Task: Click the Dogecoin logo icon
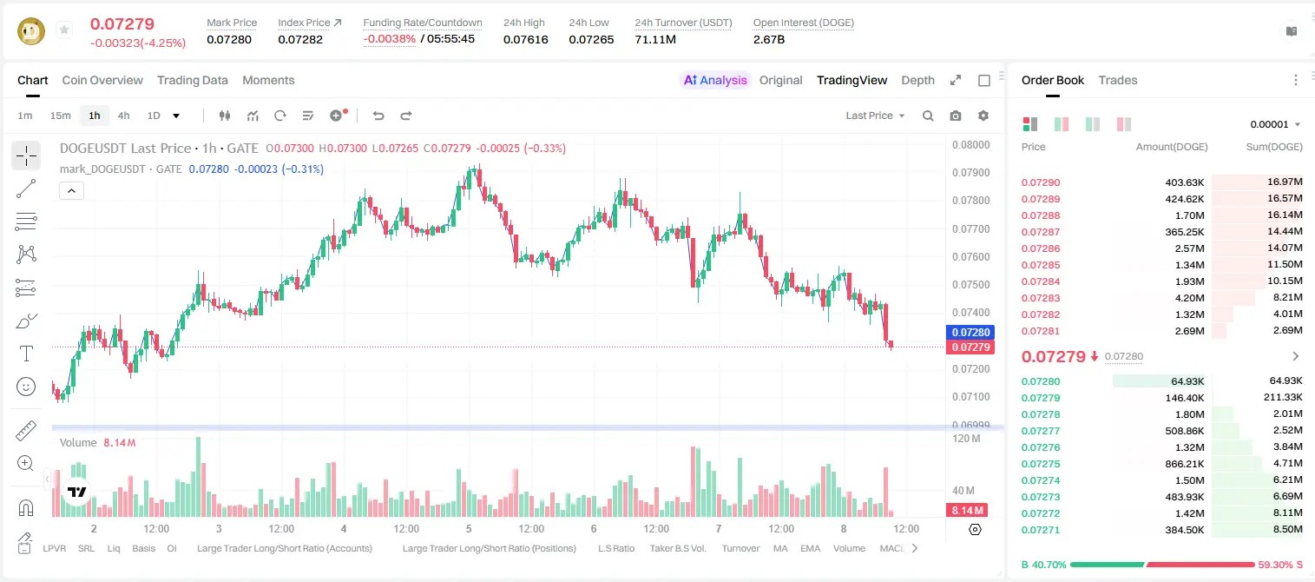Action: pyautogui.click(x=31, y=31)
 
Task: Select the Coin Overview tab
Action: pyautogui.click(x=102, y=80)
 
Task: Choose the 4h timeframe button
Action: pyautogui.click(x=123, y=116)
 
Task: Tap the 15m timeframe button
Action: pyautogui.click(x=61, y=116)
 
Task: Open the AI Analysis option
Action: pyautogui.click(x=715, y=80)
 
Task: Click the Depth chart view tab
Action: pyautogui.click(x=917, y=80)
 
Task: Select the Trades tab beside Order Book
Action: pyautogui.click(x=1118, y=80)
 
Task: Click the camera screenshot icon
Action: pyautogui.click(x=956, y=116)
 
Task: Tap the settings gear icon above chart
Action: pyautogui.click(x=983, y=116)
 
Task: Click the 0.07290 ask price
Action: pyautogui.click(x=1041, y=182)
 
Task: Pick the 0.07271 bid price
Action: pyautogui.click(x=1041, y=530)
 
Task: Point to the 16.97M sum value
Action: pyautogui.click(x=1285, y=182)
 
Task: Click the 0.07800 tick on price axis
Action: pyautogui.click(x=971, y=201)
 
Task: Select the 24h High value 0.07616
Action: pyautogui.click(x=525, y=39)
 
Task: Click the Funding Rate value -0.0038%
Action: pyautogui.click(x=389, y=39)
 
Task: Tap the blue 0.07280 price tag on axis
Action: pyautogui.click(x=970, y=333)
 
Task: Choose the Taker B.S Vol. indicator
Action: pyautogui.click(x=678, y=548)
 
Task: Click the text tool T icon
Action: pyautogui.click(x=26, y=354)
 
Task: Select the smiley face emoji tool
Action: pyautogui.click(x=26, y=387)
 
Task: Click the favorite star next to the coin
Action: pyautogui.click(x=64, y=30)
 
